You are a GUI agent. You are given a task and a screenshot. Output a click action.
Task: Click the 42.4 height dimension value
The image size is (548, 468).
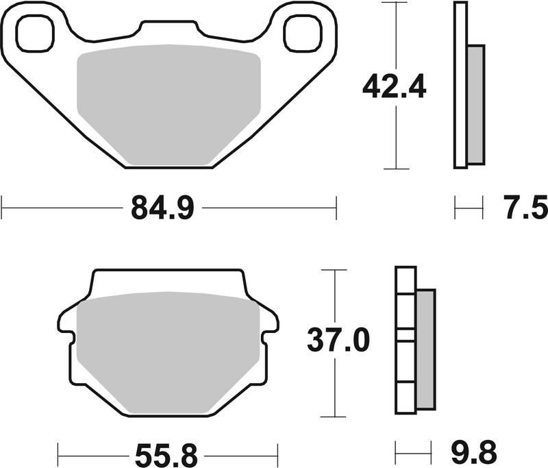(x=395, y=87)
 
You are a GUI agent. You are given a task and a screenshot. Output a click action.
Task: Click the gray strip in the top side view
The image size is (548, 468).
(x=475, y=104)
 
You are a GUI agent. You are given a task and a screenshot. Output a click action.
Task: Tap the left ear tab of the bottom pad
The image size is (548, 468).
(x=66, y=322)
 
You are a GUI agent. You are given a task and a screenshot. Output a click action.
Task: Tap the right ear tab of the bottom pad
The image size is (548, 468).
(x=269, y=322)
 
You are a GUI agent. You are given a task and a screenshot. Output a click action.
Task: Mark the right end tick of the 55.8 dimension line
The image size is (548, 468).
(x=277, y=453)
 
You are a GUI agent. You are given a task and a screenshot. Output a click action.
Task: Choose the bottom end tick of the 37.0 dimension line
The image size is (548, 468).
(x=334, y=416)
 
